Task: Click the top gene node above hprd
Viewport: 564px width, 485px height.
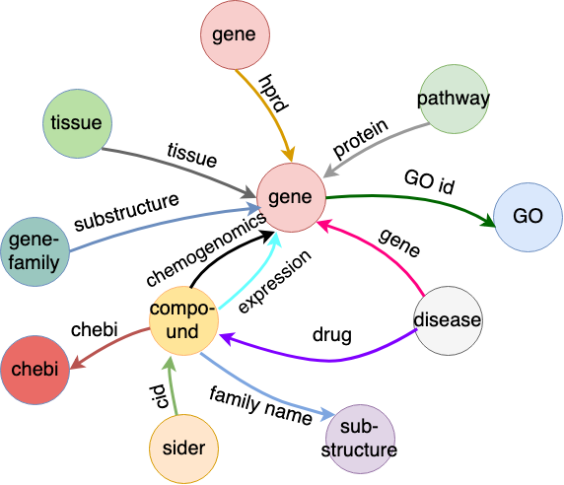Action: click(236, 35)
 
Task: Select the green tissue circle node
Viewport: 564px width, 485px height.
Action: click(77, 123)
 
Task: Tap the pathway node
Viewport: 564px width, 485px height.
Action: click(454, 99)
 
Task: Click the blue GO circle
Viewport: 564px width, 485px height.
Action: click(529, 217)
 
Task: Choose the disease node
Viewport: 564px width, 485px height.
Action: click(449, 320)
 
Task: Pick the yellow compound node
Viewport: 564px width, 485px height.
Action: click(183, 320)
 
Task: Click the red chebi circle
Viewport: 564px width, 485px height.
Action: click(35, 370)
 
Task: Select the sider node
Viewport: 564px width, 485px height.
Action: click(183, 449)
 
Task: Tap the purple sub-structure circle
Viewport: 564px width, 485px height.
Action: click(360, 439)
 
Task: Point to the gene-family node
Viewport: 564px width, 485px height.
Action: click(35, 251)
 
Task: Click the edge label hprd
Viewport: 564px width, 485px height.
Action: click(274, 94)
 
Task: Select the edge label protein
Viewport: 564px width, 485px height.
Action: click(361, 138)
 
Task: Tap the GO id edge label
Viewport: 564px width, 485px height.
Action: click(430, 182)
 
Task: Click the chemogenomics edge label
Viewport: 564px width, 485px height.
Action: click(206, 249)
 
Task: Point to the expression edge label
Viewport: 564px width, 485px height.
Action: click(274, 282)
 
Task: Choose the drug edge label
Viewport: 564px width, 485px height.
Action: click(332, 335)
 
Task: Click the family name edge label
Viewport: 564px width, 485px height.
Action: click(260, 406)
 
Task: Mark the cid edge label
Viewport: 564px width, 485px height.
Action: click(159, 396)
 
